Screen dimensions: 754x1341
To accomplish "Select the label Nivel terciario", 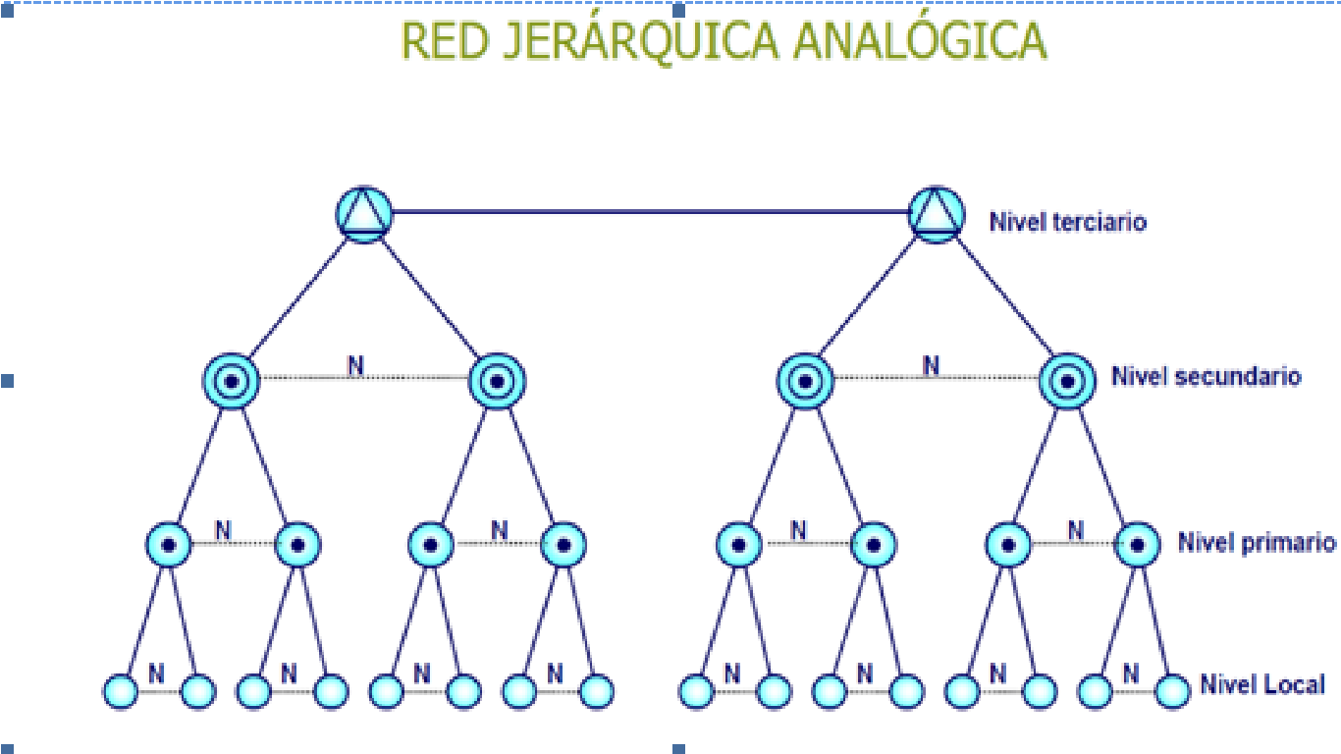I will [1067, 221].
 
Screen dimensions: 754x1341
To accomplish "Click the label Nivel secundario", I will [1206, 376].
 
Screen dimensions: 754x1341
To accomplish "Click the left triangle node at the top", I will [364, 213].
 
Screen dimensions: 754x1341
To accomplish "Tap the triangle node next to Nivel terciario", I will [935, 213].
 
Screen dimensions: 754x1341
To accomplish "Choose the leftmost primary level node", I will [169, 544].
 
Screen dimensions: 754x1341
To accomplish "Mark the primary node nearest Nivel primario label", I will [1138, 544].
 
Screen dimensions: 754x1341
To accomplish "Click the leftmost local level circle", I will [120, 691].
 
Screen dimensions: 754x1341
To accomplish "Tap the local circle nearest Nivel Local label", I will [1171, 691].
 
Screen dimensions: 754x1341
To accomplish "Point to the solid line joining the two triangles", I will [648, 211].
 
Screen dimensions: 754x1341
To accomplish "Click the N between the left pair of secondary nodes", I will [355, 366].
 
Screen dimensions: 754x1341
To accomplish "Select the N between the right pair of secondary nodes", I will [930, 366].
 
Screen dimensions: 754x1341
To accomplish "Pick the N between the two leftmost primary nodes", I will [224, 530].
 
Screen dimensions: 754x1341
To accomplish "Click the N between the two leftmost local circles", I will [156, 673].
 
